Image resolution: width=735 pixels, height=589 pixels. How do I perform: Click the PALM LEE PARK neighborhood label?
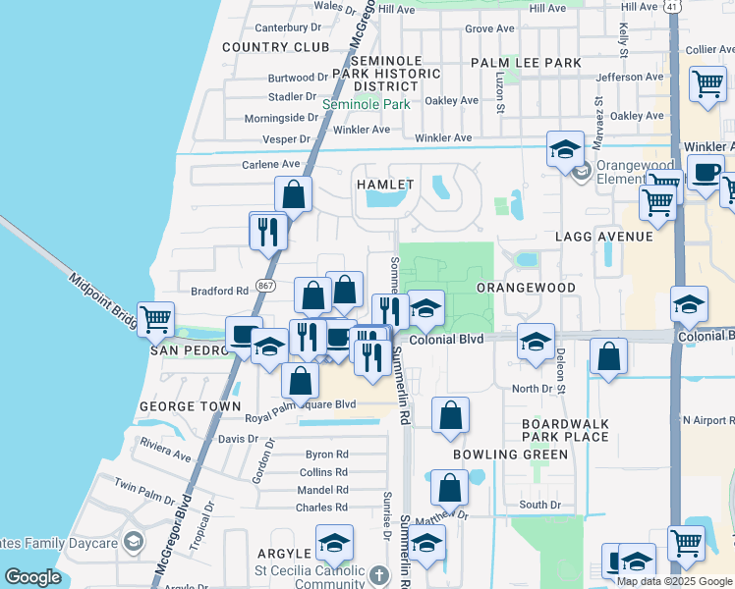click(x=526, y=63)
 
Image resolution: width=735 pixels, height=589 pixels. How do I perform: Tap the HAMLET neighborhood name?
click(x=384, y=184)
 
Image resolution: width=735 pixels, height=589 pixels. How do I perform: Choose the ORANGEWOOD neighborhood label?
click(x=526, y=288)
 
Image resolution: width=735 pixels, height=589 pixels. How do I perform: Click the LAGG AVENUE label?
click(x=603, y=237)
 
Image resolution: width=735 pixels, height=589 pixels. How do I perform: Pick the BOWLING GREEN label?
click(x=510, y=455)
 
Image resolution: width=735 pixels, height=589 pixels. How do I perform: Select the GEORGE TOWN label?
click(x=191, y=405)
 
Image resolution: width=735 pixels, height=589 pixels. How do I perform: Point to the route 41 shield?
click(x=671, y=6)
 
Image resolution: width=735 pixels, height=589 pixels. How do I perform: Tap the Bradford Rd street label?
click(x=219, y=291)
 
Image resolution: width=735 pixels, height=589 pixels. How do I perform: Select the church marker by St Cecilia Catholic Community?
click(x=381, y=573)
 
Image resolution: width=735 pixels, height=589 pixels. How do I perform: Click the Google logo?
click(x=33, y=577)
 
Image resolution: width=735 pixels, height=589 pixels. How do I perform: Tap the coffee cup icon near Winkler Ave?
click(x=705, y=175)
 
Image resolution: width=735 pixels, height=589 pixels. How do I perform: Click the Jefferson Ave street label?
click(x=630, y=77)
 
